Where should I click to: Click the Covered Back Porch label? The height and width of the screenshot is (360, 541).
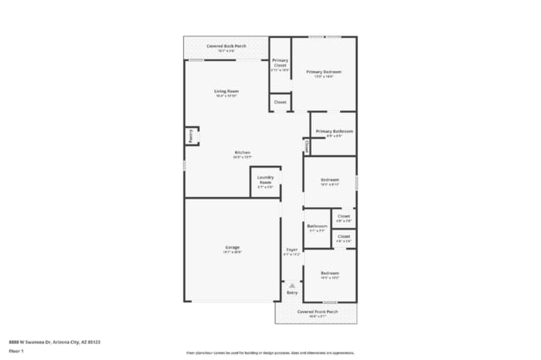click(x=226, y=46)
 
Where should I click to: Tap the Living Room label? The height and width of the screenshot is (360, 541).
click(x=226, y=91)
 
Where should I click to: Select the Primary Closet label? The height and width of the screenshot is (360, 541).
click(x=280, y=63)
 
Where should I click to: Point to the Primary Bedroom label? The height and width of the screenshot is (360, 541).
click(x=328, y=72)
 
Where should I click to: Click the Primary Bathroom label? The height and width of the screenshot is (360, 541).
click(x=334, y=131)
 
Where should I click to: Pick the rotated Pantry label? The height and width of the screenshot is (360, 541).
click(x=190, y=136)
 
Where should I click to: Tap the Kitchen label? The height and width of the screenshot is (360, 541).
click(x=243, y=153)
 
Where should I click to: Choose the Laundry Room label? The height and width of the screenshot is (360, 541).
click(x=266, y=179)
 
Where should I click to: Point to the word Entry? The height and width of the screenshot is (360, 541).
click(x=292, y=293)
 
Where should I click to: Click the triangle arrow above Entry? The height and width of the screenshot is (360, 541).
click(x=292, y=285)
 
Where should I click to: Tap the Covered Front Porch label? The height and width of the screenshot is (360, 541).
click(x=318, y=311)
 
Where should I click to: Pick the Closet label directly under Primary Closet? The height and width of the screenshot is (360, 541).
click(x=280, y=102)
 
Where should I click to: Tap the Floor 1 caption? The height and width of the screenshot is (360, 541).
click(x=16, y=351)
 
